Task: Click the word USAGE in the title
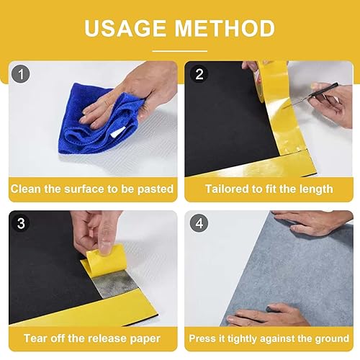coord(125,28)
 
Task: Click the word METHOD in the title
coord(225,28)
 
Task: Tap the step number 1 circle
coord(21,74)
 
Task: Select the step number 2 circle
coord(199,74)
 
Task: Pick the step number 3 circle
coord(21,223)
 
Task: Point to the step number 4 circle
coord(199,223)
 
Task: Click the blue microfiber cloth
coord(101,120)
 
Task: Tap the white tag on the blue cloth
coord(118,132)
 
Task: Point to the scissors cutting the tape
coord(312,95)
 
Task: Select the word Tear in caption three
coord(34,338)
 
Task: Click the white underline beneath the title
coord(180,51)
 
